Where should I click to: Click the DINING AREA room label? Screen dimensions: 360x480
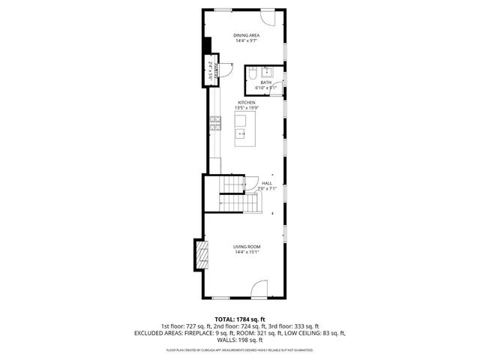(x=245, y=35)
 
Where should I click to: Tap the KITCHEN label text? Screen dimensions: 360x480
(x=246, y=102)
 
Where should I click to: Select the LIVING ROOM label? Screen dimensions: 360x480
(x=245, y=246)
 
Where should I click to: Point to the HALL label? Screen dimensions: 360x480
(x=267, y=183)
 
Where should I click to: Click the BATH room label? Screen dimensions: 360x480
(x=265, y=82)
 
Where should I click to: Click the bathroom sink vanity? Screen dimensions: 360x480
(x=270, y=72)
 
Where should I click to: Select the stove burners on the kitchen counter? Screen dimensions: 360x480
(x=215, y=124)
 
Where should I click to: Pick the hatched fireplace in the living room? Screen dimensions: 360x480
(x=200, y=254)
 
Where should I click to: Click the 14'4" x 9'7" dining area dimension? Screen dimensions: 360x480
(x=245, y=41)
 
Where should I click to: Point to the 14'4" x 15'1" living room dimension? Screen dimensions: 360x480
(x=245, y=252)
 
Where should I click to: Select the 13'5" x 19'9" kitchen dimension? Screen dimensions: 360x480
(x=246, y=108)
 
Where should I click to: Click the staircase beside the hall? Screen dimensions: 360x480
(x=234, y=193)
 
